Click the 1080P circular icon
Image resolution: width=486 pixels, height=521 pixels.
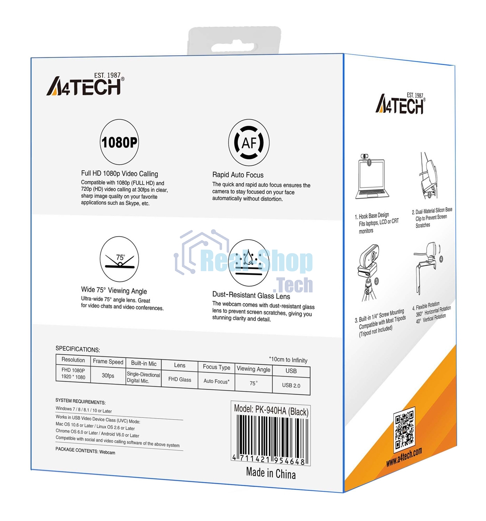119,142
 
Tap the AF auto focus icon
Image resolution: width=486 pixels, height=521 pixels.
249,143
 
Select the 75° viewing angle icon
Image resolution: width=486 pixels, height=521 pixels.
119,259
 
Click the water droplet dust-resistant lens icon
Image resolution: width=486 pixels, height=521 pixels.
249,263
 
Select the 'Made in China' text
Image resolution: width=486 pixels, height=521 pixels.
271,473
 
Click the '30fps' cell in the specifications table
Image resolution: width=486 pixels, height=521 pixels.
108,375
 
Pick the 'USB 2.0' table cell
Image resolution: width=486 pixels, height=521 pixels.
291,385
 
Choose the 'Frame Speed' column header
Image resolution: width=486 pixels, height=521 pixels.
108,362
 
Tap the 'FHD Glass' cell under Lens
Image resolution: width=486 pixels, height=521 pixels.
180,380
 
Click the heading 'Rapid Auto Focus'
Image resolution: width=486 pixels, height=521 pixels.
238,175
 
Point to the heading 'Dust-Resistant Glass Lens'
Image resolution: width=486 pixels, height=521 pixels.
251,296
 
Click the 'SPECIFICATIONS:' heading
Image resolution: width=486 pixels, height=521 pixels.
78,349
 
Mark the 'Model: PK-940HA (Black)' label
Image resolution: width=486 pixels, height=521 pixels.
271,410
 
